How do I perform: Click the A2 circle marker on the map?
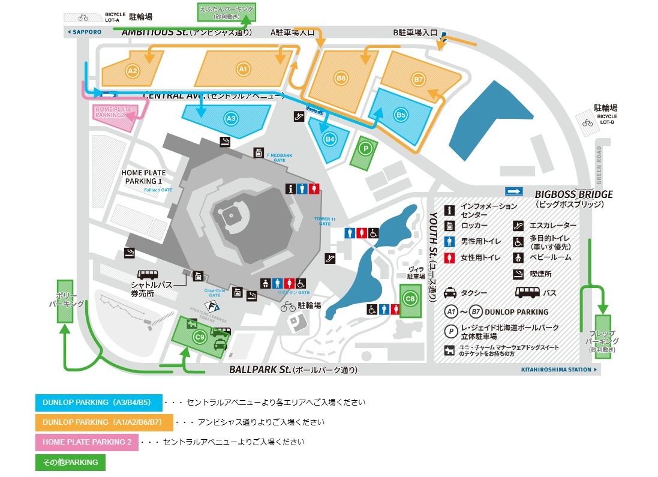click(x=133, y=71)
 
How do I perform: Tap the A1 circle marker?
click(x=243, y=69)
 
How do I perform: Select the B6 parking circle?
click(x=341, y=77)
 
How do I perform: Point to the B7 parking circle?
click(x=419, y=79)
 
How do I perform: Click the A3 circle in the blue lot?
click(x=231, y=119)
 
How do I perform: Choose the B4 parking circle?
click(x=329, y=139)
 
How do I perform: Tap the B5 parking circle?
click(x=401, y=114)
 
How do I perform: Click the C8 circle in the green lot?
click(x=410, y=298)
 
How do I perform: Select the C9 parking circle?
click(x=200, y=338)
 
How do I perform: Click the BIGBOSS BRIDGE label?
click(x=573, y=194)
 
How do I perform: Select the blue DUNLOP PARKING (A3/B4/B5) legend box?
click(x=99, y=403)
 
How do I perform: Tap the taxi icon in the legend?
click(x=450, y=293)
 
